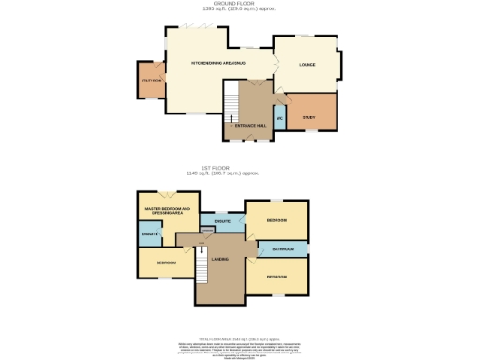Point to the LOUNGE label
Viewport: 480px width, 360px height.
[x=307, y=64]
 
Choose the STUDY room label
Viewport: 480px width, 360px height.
[x=309, y=116]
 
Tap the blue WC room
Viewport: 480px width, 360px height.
[x=279, y=120]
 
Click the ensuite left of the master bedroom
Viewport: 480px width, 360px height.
[x=150, y=232]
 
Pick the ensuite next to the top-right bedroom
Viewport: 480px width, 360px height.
[x=222, y=222]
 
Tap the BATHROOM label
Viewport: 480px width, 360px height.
[x=283, y=249]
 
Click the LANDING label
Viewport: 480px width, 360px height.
[x=222, y=258]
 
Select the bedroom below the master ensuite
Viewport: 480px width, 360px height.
[x=167, y=262]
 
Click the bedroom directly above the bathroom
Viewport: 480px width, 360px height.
[x=277, y=220]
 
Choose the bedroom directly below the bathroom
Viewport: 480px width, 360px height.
[x=277, y=277]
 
